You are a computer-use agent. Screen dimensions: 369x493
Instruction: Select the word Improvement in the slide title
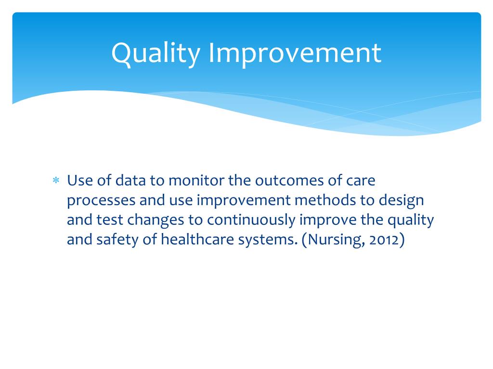tap(295, 54)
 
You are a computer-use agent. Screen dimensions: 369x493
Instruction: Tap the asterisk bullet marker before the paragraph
tap(55, 181)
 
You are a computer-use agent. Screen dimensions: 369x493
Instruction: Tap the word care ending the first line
tap(360, 181)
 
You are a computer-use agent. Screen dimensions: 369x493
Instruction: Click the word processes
tap(102, 200)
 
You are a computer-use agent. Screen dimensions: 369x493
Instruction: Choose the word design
tap(403, 201)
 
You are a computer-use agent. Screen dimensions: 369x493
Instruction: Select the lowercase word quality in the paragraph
tap(410, 221)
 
